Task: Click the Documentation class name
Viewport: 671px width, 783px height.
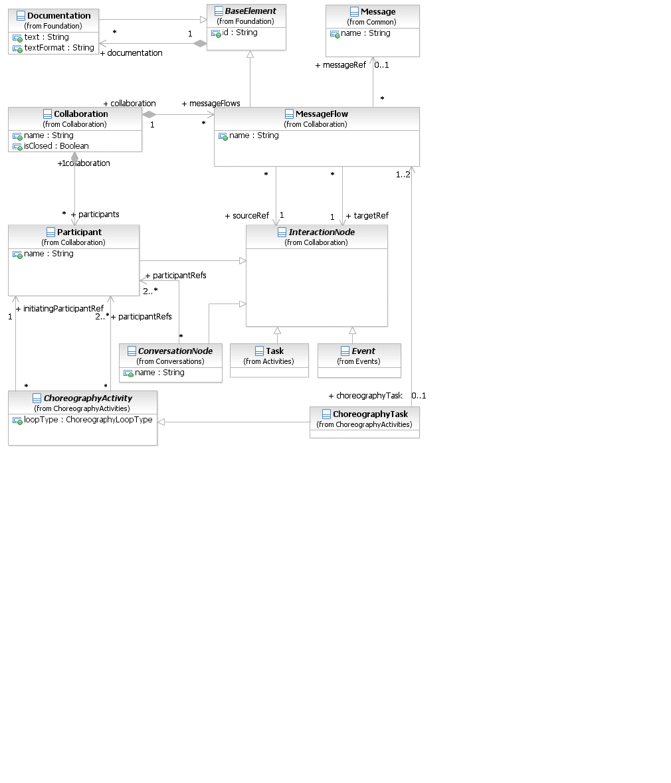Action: (58, 15)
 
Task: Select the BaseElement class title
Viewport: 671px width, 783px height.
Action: (250, 11)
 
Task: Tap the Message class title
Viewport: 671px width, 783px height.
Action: (377, 12)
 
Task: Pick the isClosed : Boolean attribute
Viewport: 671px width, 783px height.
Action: (56, 146)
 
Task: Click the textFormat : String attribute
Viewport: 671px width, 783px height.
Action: (58, 48)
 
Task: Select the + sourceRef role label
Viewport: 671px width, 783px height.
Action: (246, 216)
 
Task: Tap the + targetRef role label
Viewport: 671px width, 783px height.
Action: (367, 216)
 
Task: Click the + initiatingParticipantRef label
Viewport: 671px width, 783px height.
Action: (59, 309)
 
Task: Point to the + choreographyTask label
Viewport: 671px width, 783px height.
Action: (365, 396)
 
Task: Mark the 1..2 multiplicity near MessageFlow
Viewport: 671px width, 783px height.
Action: (403, 175)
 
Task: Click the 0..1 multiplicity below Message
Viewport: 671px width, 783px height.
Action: (381, 65)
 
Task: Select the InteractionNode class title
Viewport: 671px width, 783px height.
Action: (322, 232)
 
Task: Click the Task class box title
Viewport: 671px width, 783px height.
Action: (274, 351)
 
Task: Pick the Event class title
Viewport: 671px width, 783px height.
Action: (363, 351)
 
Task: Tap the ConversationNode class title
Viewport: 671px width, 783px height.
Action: (175, 351)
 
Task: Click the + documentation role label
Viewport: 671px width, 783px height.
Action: (131, 53)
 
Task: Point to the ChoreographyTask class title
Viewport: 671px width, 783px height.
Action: (370, 414)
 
